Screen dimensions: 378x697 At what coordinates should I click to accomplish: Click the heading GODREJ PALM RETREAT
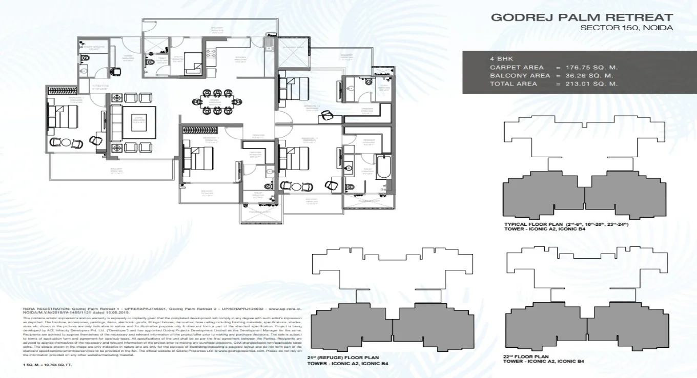582,17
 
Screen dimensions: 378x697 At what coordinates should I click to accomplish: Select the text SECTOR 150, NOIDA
626,29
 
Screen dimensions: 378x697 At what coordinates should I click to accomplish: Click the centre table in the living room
139,122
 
